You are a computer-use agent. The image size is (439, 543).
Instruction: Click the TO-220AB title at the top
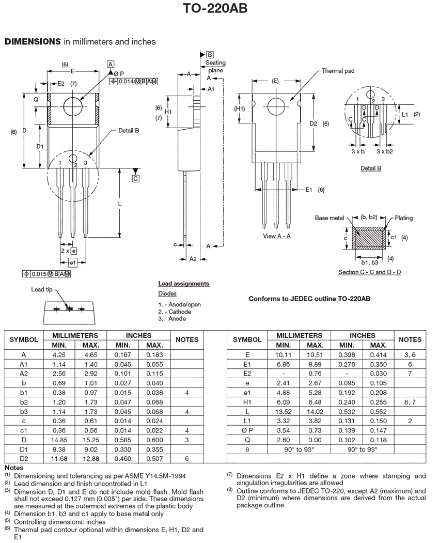click(x=219, y=9)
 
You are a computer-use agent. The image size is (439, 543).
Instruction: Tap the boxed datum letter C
click(x=135, y=179)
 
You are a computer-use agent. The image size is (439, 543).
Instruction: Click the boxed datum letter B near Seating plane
click(x=210, y=54)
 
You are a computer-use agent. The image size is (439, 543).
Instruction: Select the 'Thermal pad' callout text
click(x=338, y=71)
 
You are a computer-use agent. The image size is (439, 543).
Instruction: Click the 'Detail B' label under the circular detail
click(x=371, y=168)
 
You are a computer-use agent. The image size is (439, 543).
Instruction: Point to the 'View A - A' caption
click(x=277, y=236)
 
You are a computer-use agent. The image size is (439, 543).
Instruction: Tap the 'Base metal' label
click(x=330, y=218)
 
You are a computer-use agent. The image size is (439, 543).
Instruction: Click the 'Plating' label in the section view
click(x=404, y=218)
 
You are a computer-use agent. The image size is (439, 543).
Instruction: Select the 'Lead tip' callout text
click(x=42, y=290)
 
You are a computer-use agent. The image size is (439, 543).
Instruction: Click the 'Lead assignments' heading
click(x=183, y=284)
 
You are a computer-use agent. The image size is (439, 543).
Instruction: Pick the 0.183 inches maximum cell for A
click(x=154, y=355)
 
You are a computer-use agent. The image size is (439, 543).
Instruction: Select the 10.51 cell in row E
click(x=315, y=355)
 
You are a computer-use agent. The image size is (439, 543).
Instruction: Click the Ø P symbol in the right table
click(x=247, y=430)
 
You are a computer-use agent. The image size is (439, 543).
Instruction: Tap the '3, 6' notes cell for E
click(x=410, y=355)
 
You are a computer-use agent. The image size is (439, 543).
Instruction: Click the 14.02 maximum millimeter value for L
click(x=315, y=411)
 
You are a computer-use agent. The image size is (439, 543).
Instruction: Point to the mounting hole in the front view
click(x=73, y=106)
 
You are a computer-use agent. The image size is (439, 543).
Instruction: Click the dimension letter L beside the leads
click(x=119, y=204)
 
